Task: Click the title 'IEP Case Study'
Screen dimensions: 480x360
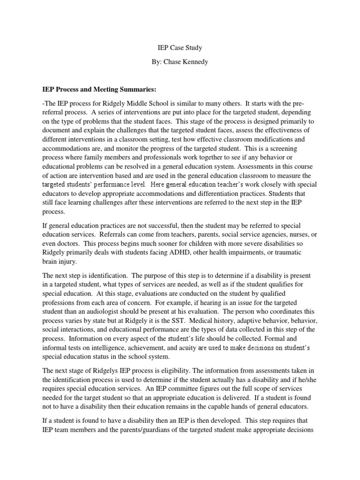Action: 180,48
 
